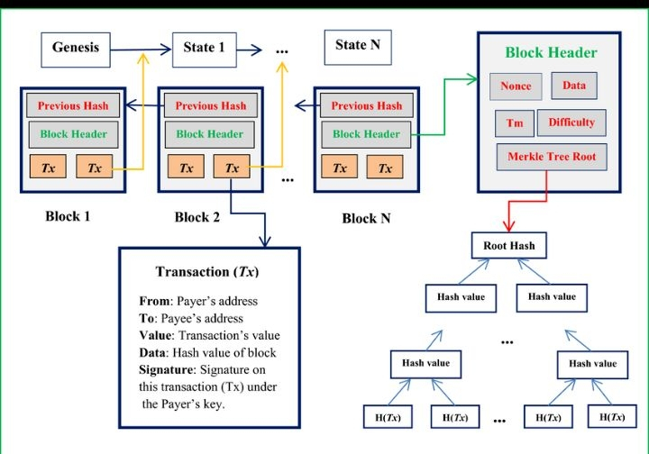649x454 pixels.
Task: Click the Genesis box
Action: tap(75, 48)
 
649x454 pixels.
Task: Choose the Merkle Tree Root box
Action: tap(552, 157)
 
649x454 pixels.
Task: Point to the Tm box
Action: tap(514, 123)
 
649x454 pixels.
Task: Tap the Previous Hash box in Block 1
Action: tap(72, 105)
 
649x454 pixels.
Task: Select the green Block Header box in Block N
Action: tap(366, 134)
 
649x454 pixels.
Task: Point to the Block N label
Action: tap(370, 219)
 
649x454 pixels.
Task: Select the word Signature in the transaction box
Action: tap(168, 369)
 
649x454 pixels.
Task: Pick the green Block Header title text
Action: tap(551, 53)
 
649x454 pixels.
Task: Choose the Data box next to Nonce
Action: tap(573, 86)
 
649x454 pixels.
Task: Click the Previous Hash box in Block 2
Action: tap(209, 105)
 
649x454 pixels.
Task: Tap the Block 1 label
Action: tap(68, 217)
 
